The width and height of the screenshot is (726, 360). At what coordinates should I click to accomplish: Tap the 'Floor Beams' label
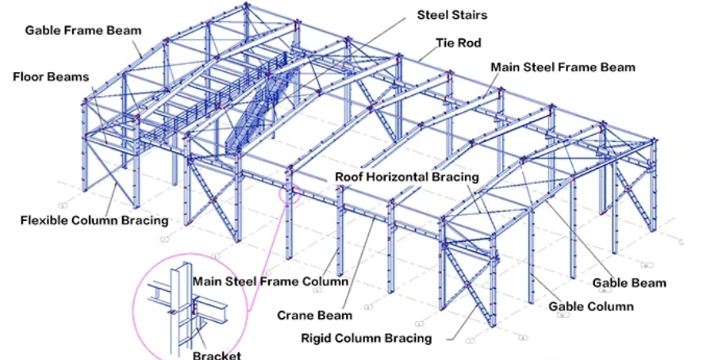tap(49, 77)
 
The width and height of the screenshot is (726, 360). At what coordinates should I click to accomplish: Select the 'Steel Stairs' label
tap(452, 15)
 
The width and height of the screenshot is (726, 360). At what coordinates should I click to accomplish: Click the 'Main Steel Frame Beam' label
tap(563, 67)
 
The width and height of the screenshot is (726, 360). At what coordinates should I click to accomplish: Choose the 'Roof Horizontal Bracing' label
tap(407, 176)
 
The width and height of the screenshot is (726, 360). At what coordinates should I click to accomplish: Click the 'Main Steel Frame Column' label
tap(271, 281)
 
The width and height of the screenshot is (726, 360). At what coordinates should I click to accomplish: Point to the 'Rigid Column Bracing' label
tap(367, 338)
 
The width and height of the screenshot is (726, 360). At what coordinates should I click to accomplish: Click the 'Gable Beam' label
tap(628, 282)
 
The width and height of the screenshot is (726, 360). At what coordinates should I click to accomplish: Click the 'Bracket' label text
tap(217, 354)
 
